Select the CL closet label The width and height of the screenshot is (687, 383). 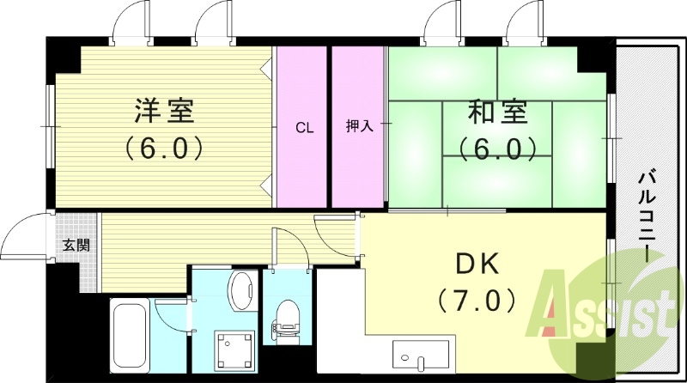point(304,128)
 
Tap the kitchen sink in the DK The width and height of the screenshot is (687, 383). point(420,354)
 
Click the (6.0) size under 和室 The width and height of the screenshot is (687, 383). point(502,148)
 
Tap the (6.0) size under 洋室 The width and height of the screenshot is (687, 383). point(164,148)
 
